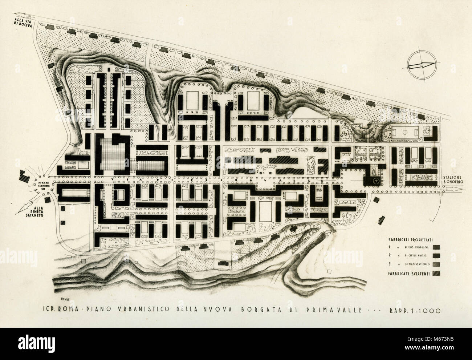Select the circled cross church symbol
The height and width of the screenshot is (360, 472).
(376, 181)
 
